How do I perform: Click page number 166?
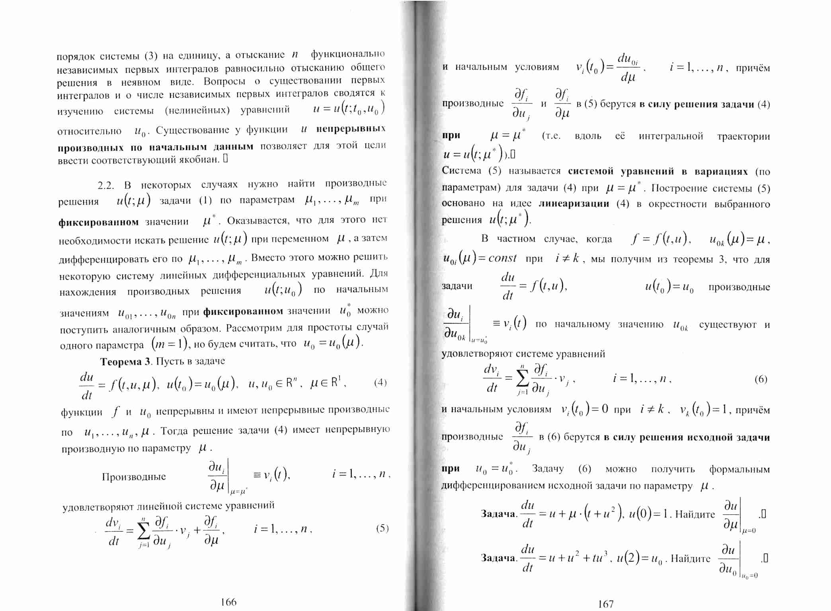coord(228,602)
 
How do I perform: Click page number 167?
coord(606,604)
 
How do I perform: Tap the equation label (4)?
coord(380,383)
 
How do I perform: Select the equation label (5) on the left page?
coord(382,528)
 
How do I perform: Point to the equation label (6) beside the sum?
coord(761,379)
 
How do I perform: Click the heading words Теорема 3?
coord(126,361)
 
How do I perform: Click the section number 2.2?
coord(106,185)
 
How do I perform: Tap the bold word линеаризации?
coord(574,204)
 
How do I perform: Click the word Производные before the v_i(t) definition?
coord(134,477)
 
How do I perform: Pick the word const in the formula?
coord(502,259)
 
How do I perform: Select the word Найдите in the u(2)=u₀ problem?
coord(691,559)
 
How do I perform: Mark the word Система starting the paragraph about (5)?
coord(461,171)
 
